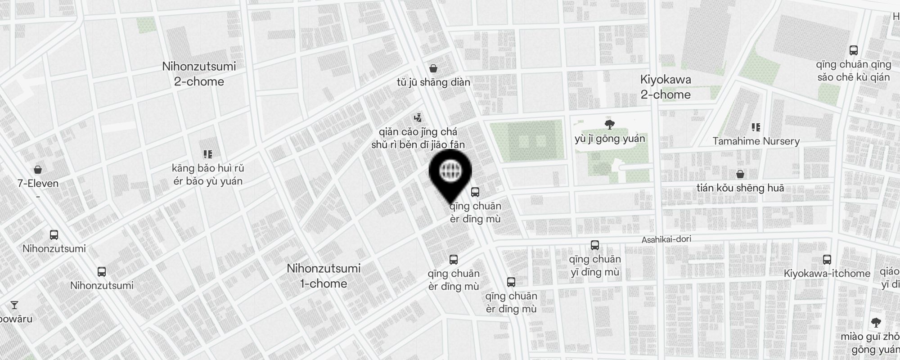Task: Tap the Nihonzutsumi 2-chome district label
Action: tap(199, 74)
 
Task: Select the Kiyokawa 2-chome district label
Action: tap(666, 87)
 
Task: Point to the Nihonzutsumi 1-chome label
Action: tap(324, 276)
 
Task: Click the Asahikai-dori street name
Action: tap(666, 239)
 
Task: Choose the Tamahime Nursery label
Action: tap(756, 141)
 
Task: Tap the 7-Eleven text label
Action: tap(38, 184)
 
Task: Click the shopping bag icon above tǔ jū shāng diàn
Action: tap(433, 68)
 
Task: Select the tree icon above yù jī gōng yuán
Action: tap(610, 124)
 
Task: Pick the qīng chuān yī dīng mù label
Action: tap(595, 265)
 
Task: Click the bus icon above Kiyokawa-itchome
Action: tap(827, 260)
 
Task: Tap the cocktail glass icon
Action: tap(14, 305)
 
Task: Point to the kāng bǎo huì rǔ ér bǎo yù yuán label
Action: tap(207, 175)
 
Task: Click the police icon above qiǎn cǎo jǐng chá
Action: tap(418, 118)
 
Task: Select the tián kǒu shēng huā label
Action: tap(740, 188)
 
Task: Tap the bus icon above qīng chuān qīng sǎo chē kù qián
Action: tap(853, 50)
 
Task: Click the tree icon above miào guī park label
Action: tap(876, 322)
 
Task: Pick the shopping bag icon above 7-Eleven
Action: tap(38, 170)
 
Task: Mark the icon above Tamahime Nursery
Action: tap(756, 128)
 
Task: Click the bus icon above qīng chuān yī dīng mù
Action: tap(594, 245)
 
